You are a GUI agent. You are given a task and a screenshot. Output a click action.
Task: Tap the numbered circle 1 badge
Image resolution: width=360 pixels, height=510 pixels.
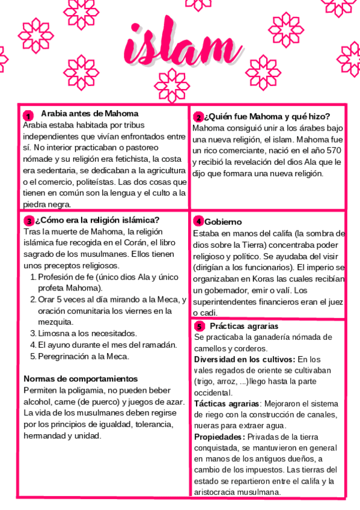[x=28, y=115]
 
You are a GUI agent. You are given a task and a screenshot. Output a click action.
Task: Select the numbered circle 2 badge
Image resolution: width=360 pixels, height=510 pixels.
[x=198, y=117]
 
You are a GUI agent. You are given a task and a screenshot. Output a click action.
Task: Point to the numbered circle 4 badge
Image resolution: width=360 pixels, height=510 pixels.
[x=199, y=222]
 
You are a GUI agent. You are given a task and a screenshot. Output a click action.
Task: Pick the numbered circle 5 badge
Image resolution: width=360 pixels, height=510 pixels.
[x=200, y=327]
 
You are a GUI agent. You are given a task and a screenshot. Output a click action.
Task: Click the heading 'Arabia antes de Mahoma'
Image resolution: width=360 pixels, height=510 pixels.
[x=90, y=113]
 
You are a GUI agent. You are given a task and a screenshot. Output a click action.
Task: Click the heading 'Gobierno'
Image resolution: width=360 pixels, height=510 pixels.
[x=223, y=222]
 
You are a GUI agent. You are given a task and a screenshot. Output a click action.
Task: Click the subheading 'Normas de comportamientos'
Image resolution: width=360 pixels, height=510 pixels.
[x=81, y=379]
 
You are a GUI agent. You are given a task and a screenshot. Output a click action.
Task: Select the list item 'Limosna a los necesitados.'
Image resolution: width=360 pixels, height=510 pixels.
[x=87, y=333]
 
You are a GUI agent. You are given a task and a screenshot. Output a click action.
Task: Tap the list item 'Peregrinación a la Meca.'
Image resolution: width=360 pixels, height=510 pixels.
[x=84, y=356]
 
